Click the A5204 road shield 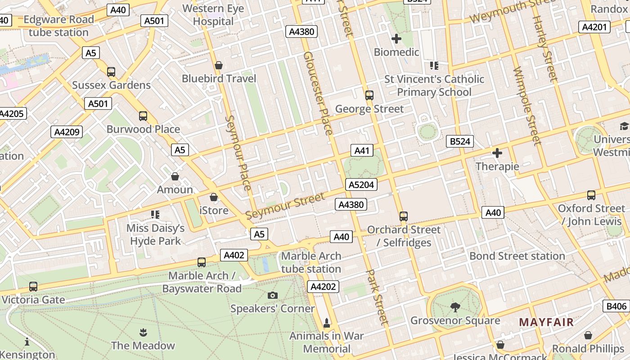[361, 184]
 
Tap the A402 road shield [234, 255]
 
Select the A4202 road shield [323, 286]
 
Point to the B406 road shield [616, 306]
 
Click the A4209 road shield [67, 132]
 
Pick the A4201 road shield [594, 27]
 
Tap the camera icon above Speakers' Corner [272, 295]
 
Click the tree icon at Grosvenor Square [455, 307]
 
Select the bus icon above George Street [369, 95]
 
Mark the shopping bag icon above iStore [214, 197]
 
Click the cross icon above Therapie [497, 153]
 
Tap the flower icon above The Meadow [143, 333]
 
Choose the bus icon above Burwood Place [143, 116]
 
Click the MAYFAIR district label [546, 322]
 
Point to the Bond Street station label [517, 256]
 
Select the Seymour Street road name [285, 207]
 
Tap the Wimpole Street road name [526, 106]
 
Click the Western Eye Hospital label [213, 15]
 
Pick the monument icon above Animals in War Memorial [327, 323]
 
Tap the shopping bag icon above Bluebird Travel [219, 65]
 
